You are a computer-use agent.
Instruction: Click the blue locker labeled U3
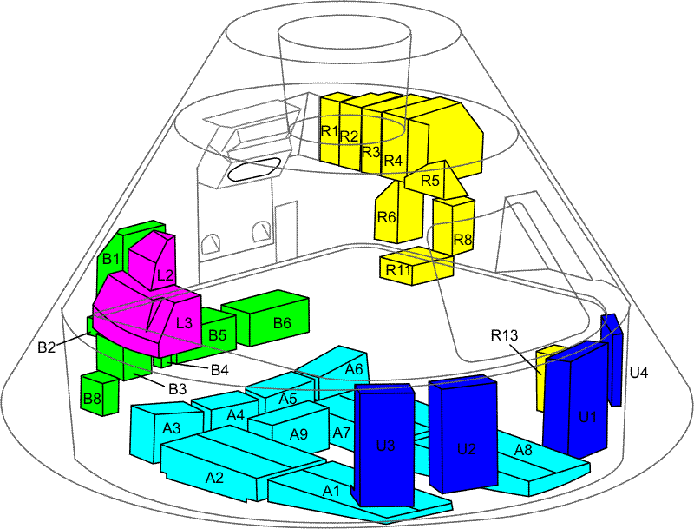pos(386,445)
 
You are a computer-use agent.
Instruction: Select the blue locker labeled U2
pos(466,447)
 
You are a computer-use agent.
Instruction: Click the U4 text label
pos(638,373)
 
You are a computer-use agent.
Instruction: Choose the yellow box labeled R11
pos(399,268)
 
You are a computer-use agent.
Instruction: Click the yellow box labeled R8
pos(462,238)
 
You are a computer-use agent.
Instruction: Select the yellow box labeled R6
pos(387,217)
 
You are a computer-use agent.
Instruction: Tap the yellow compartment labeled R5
pos(430,182)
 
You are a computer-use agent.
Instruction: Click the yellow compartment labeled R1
pos(329,131)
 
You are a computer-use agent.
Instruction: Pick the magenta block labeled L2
pos(165,274)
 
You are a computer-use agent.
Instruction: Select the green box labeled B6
pos(281,322)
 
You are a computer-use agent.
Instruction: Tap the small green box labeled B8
pos(93,397)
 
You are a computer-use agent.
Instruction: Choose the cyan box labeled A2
pos(214,476)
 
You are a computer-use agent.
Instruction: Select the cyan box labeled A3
pos(171,427)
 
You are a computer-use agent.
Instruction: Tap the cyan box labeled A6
pos(352,369)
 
